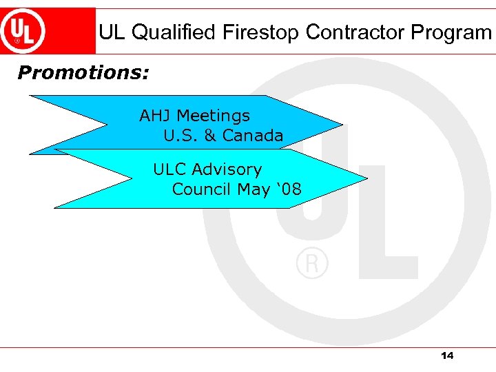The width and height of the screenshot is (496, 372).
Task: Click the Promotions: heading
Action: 83,72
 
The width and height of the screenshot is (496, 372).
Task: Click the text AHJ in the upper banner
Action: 155,116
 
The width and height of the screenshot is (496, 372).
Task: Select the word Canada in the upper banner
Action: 253,136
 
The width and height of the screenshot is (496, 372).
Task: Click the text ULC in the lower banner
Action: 169,169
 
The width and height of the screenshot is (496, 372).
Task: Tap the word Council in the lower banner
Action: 202,189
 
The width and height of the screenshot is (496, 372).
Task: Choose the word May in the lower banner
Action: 253,189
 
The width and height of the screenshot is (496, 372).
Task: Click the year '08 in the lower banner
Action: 288,189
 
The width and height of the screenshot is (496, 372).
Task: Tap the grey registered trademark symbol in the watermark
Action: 312,264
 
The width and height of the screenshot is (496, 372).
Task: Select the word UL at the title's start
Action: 112,32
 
